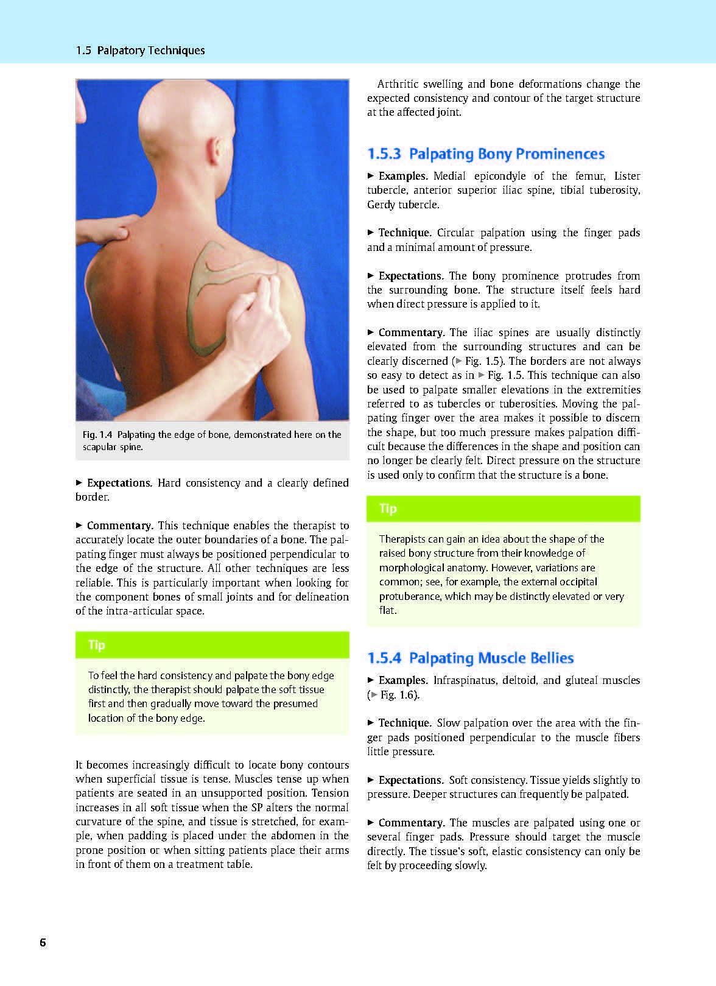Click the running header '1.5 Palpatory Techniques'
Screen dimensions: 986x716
pos(141,51)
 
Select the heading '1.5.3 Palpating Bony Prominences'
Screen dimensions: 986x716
pos(486,153)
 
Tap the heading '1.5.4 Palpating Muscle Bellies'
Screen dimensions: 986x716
pos(471,658)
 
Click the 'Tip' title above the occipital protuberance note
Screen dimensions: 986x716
pos(388,509)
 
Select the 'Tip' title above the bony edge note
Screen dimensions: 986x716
pos(97,645)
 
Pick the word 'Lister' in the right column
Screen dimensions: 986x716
pos(627,176)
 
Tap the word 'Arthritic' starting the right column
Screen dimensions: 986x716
pos(401,84)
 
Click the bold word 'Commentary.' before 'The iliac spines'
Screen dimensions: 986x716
pos(412,333)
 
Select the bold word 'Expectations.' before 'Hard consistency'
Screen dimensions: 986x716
pos(119,483)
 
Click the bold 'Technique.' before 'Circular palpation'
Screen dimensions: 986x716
pos(405,233)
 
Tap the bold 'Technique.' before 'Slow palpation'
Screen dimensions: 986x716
pos(405,723)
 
